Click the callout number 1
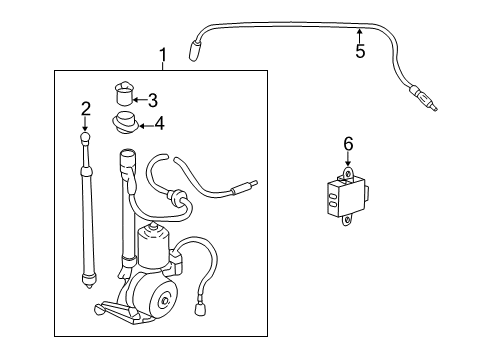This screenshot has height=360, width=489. (x=163, y=55)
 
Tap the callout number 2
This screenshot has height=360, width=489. (x=86, y=109)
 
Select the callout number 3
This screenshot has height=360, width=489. (x=153, y=100)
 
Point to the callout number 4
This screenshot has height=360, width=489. (x=160, y=124)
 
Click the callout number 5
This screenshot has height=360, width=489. (x=360, y=51)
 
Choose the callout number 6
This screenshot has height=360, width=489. (x=348, y=144)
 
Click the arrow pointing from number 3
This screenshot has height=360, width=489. (x=140, y=100)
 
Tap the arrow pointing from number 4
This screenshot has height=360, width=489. (x=146, y=126)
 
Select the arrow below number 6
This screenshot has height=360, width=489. (x=348, y=159)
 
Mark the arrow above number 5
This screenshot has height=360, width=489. (x=359, y=36)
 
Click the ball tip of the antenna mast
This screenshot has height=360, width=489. (x=85, y=137)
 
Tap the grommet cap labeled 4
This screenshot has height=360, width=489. (x=125, y=123)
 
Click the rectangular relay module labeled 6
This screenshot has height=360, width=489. (x=346, y=197)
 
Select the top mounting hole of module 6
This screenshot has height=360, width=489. (x=348, y=174)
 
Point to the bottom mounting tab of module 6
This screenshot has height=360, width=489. (x=348, y=220)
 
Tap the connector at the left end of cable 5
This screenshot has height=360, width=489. (x=194, y=51)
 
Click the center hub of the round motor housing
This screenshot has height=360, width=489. (x=164, y=301)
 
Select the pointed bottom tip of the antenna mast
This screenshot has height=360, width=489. (x=89, y=286)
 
